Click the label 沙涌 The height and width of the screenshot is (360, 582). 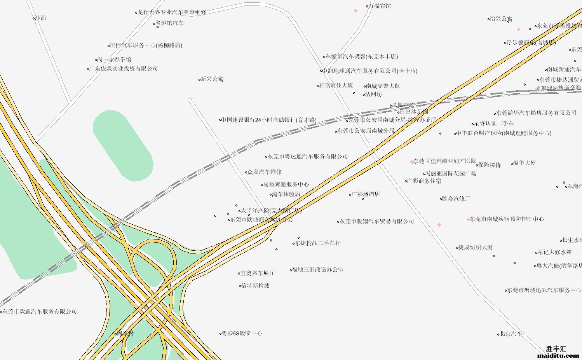click(x=40, y=18)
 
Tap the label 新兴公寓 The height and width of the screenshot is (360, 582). click(x=212, y=79)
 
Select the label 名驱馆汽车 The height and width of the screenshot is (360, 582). click(x=170, y=23)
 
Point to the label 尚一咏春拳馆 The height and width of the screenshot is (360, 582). click(x=114, y=60)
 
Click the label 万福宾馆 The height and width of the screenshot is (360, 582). click(x=380, y=6)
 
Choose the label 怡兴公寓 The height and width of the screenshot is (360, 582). click(x=501, y=19)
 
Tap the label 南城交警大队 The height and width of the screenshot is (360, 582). click(x=383, y=86)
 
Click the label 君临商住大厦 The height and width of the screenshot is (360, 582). click(x=336, y=86)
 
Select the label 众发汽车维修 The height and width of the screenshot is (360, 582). click(x=265, y=172)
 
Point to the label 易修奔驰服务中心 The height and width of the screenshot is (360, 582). click(x=286, y=185)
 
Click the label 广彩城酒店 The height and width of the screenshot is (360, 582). click(x=366, y=194)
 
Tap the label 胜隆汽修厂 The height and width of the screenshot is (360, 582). click(x=456, y=199)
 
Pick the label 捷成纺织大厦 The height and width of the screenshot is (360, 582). click(x=476, y=247)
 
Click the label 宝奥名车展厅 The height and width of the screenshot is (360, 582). click(x=257, y=273)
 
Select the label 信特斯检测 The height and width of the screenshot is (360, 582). click(x=255, y=286)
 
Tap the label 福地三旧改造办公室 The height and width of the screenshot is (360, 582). click(x=317, y=270)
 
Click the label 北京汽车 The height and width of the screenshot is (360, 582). click(x=511, y=334)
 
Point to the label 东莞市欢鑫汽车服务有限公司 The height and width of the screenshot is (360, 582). click(x=40, y=312)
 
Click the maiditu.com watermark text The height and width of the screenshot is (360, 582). click(x=558, y=355)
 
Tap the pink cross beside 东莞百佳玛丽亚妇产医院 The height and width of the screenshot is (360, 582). click(x=412, y=162)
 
